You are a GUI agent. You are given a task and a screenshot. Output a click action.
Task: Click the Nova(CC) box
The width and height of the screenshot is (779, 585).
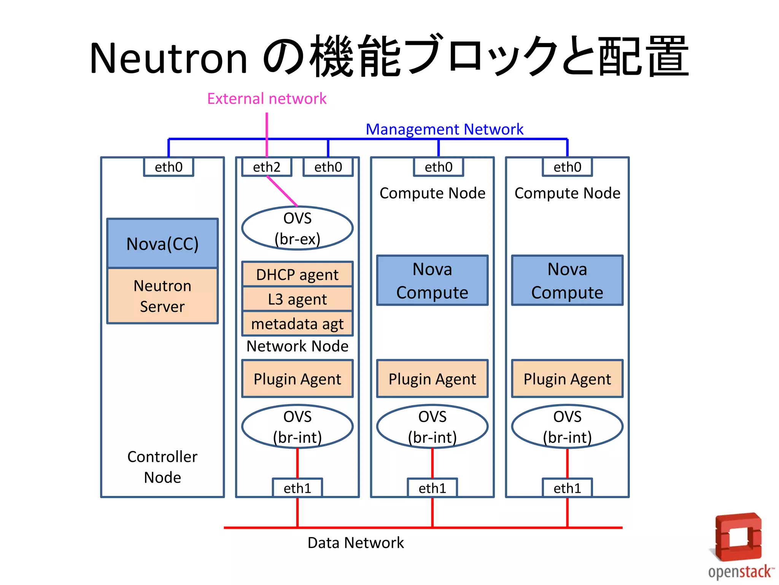162,243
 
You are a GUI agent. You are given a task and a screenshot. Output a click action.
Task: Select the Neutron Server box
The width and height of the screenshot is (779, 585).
162,296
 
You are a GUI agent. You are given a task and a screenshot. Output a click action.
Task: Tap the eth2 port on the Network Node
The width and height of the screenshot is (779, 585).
267,167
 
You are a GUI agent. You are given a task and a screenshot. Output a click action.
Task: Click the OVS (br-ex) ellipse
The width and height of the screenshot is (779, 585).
297,228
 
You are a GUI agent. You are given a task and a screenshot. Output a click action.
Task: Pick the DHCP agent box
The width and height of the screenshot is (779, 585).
297,274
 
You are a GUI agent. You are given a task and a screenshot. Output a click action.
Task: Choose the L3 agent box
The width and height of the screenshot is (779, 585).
297,299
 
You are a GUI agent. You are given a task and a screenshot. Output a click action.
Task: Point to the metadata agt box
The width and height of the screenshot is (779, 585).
297,324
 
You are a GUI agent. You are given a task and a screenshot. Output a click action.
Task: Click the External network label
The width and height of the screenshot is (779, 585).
267,99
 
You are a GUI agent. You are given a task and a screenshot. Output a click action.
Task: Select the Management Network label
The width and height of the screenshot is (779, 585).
444,129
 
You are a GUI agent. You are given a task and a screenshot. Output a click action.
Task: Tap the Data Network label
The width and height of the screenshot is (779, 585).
355,542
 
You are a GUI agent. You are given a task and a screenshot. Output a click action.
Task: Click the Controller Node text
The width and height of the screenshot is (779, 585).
162,467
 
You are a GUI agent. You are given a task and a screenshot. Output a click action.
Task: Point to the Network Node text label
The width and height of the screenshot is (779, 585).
297,346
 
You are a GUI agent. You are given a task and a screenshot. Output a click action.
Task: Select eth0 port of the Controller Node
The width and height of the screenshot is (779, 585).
169,167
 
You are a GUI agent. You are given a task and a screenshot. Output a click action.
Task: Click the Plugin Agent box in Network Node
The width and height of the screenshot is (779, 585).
297,379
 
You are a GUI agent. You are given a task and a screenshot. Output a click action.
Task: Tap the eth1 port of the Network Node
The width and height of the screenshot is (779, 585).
297,488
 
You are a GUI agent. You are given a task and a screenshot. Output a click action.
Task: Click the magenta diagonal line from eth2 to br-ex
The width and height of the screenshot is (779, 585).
282,192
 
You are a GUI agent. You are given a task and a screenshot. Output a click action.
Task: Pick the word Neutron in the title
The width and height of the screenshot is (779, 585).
169,58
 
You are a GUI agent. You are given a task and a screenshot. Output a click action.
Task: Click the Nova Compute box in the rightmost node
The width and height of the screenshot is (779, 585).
567,280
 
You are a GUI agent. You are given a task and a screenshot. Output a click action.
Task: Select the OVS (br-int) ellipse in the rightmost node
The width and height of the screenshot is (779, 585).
567,427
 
